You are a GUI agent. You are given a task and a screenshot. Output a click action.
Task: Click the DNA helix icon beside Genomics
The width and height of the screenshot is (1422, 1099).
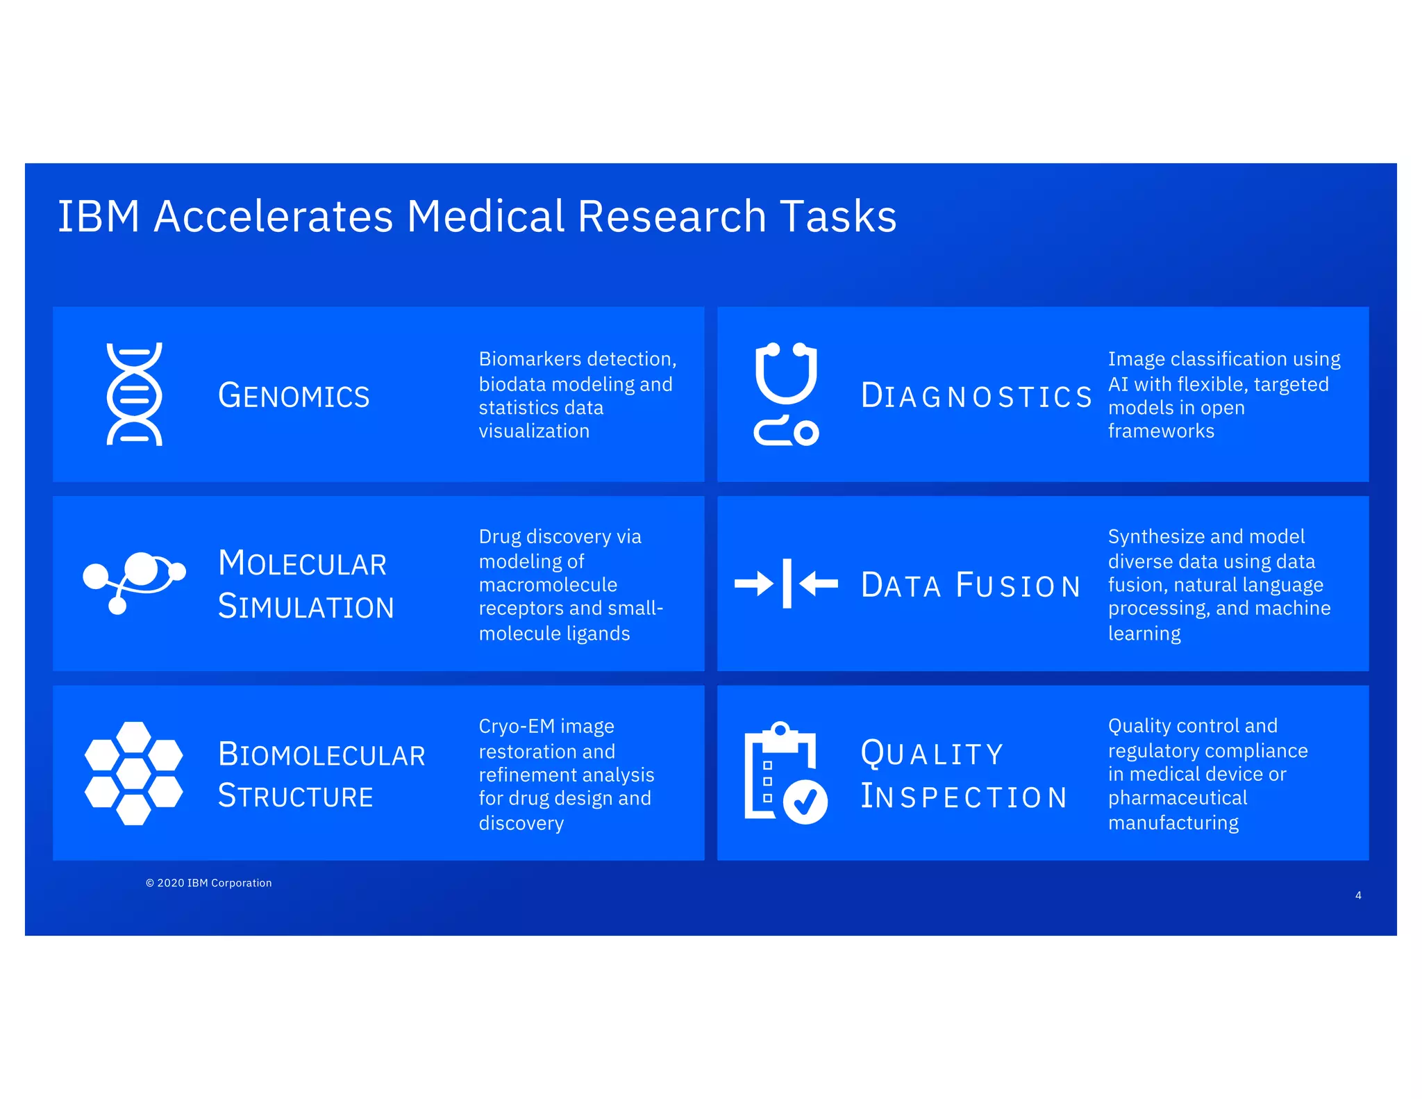coord(134,394)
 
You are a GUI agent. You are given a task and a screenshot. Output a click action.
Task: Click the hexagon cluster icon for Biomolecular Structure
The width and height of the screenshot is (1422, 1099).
coord(134,772)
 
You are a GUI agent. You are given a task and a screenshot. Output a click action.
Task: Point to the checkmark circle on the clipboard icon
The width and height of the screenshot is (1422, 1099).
coord(805,802)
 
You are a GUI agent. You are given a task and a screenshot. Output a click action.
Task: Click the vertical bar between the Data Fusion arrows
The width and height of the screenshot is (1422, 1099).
coord(787,583)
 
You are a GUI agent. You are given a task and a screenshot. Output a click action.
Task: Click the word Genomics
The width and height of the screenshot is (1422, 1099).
coord(294,396)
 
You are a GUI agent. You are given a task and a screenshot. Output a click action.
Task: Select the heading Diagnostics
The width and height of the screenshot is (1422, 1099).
coord(976,396)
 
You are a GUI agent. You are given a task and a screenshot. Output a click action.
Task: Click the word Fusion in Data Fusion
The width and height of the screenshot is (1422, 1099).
coord(1018,585)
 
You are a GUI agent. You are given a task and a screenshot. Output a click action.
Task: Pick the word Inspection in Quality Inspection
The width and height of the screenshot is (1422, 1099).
coord(964,796)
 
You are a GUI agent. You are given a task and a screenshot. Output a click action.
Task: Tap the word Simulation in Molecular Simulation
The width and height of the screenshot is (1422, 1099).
coord(306,606)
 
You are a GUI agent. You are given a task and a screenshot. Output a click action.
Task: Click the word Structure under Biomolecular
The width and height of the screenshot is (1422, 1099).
coord(296,796)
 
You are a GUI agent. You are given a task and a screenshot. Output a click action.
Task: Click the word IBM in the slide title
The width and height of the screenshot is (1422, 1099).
coord(98,216)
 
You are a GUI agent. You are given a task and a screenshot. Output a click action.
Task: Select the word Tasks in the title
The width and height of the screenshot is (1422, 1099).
coord(838,216)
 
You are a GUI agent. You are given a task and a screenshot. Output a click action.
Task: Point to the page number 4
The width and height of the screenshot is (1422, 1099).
coord(1358,895)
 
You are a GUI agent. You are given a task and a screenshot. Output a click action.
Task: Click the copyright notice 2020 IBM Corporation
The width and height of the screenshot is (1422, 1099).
coord(209,883)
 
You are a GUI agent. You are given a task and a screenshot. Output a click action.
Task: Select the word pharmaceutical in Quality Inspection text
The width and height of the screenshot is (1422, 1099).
coord(1177,798)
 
